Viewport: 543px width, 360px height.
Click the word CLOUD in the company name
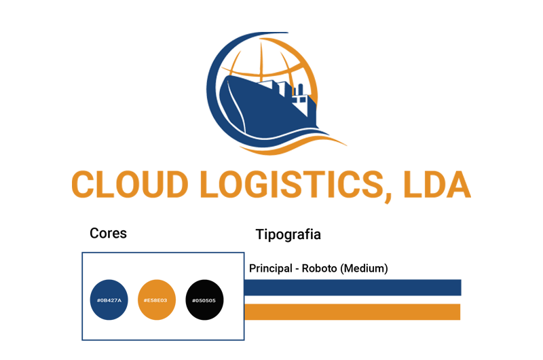[x=130, y=184]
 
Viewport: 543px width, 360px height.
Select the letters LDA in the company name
[x=436, y=184]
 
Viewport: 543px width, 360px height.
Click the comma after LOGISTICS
[x=388, y=198]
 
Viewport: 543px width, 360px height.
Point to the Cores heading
[x=108, y=233]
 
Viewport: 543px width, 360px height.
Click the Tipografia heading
[x=288, y=234]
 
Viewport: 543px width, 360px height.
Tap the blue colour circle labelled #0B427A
[x=109, y=300]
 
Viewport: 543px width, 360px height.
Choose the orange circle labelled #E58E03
[x=157, y=300]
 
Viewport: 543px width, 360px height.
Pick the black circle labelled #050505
[x=204, y=300]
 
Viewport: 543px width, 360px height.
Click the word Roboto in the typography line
[x=319, y=268]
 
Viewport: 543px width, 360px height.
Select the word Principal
[x=271, y=268]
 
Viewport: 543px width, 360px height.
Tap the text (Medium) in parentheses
[x=364, y=268]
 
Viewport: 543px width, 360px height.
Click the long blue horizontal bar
[x=353, y=287]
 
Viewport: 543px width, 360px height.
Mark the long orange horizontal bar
[x=352, y=312]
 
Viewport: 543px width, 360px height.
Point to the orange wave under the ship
[x=295, y=145]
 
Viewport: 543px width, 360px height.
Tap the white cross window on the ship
[x=299, y=99]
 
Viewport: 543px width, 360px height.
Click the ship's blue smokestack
[x=300, y=89]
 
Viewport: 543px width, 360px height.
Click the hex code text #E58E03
[x=155, y=300]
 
